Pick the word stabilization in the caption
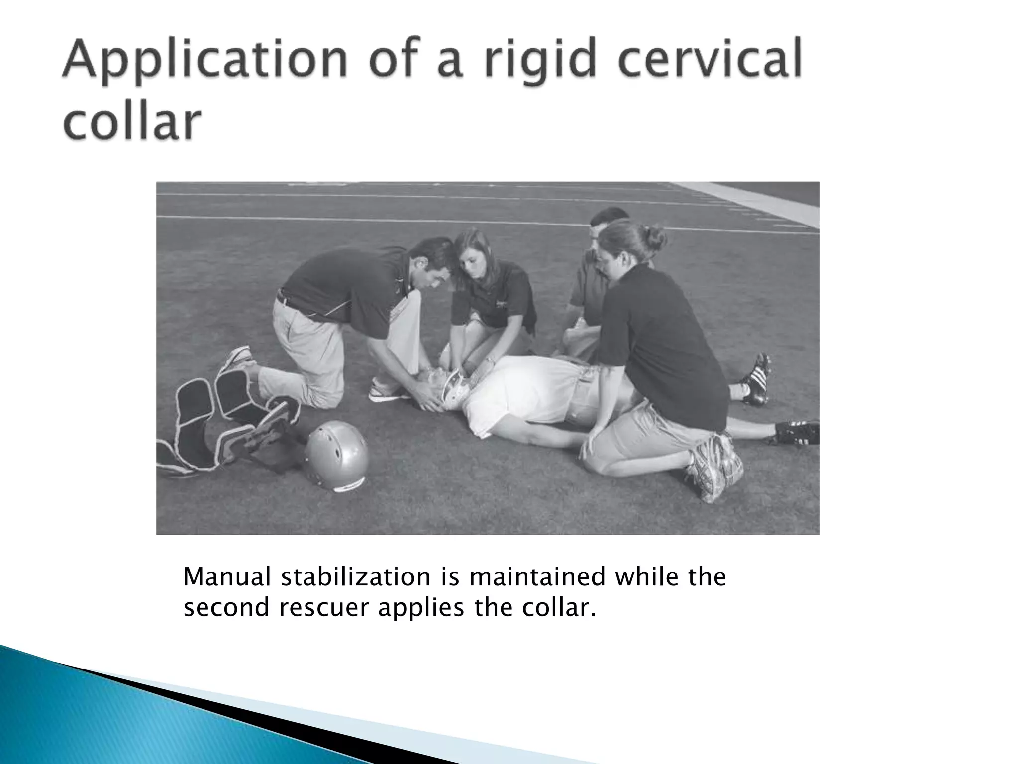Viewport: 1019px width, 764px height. click(x=355, y=577)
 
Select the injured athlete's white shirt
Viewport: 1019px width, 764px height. click(x=517, y=393)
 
